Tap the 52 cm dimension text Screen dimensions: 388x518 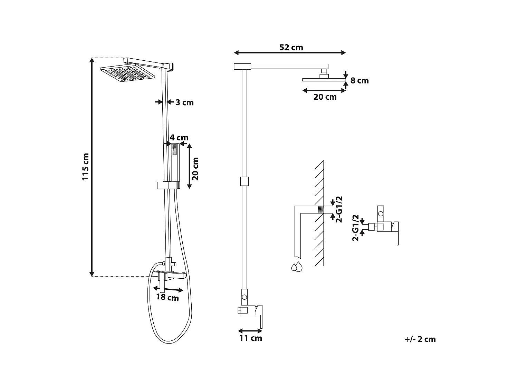click(x=291, y=47)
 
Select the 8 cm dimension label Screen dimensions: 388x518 click(x=359, y=80)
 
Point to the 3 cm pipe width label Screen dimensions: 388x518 click(x=184, y=102)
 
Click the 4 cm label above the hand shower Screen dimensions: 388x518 click(x=179, y=138)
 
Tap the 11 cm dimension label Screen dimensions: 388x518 click(x=250, y=338)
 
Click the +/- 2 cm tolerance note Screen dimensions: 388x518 click(x=420, y=339)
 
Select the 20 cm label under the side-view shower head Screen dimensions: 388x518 click(x=325, y=97)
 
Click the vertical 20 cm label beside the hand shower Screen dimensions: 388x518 click(x=195, y=168)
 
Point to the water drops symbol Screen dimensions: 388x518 click(x=296, y=267)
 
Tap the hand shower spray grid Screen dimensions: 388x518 click(x=174, y=150)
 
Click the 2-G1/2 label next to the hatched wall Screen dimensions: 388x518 click(x=339, y=209)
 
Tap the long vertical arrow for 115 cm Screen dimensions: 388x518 click(x=92, y=167)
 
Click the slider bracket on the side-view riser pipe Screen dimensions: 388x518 click(x=244, y=181)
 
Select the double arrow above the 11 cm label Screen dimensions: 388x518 click(x=250, y=330)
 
